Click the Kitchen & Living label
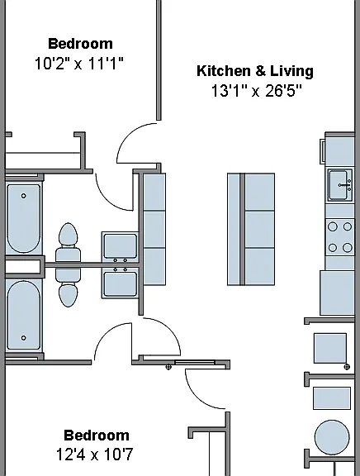click(255, 71)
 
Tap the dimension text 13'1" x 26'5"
click(257, 90)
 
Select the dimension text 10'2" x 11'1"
click(79, 64)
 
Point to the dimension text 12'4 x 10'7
click(95, 455)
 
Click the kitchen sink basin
click(339, 185)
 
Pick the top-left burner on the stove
click(333, 226)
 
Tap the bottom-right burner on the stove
click(348, 248)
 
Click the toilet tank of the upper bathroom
click(68, 258)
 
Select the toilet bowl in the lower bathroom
click(68, 294)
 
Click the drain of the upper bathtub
click(23, 196)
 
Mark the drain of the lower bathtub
click(23, 337)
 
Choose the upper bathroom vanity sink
click(120, 246)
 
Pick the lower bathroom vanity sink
click(120, 284)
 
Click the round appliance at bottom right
click(332, 437)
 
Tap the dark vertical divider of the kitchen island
click(242, 229)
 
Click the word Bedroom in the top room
click(80, 44)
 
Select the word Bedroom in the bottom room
click(97, 436)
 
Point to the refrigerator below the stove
click(337, 293)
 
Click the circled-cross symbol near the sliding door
click(168, 367)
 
